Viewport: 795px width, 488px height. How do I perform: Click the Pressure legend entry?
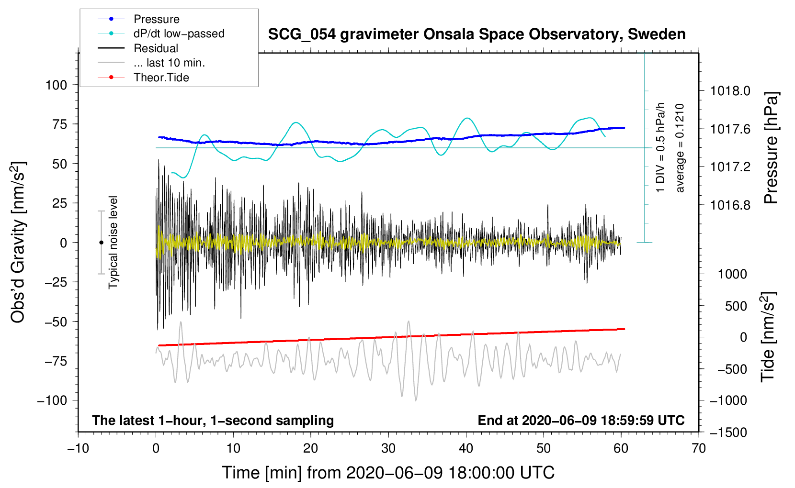coord(156,19)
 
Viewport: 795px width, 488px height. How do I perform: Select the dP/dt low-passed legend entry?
coord(179,33)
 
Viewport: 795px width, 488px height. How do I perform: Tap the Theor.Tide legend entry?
coord(161,78)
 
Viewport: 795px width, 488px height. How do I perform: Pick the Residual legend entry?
coord(156,48)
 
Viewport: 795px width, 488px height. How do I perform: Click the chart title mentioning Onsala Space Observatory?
coord(477,34)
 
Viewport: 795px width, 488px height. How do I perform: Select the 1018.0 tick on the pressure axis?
coord(730,91)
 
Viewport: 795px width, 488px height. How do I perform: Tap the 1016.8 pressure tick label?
coord(730,205)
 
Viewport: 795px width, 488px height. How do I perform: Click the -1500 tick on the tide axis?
coord(728,433)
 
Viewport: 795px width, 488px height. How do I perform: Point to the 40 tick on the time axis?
coord(466,449)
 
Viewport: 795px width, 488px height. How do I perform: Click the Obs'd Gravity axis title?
coord(18,242)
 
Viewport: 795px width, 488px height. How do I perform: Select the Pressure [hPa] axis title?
coord(771,148)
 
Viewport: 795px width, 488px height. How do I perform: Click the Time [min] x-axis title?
coord(388,473)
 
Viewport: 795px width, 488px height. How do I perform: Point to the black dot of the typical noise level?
coord(101,243)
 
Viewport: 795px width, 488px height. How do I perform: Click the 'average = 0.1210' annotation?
coord(680,148)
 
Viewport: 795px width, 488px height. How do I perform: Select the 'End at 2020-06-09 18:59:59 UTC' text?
coord(581,421)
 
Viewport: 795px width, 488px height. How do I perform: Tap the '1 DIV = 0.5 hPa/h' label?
coord(661,147)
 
